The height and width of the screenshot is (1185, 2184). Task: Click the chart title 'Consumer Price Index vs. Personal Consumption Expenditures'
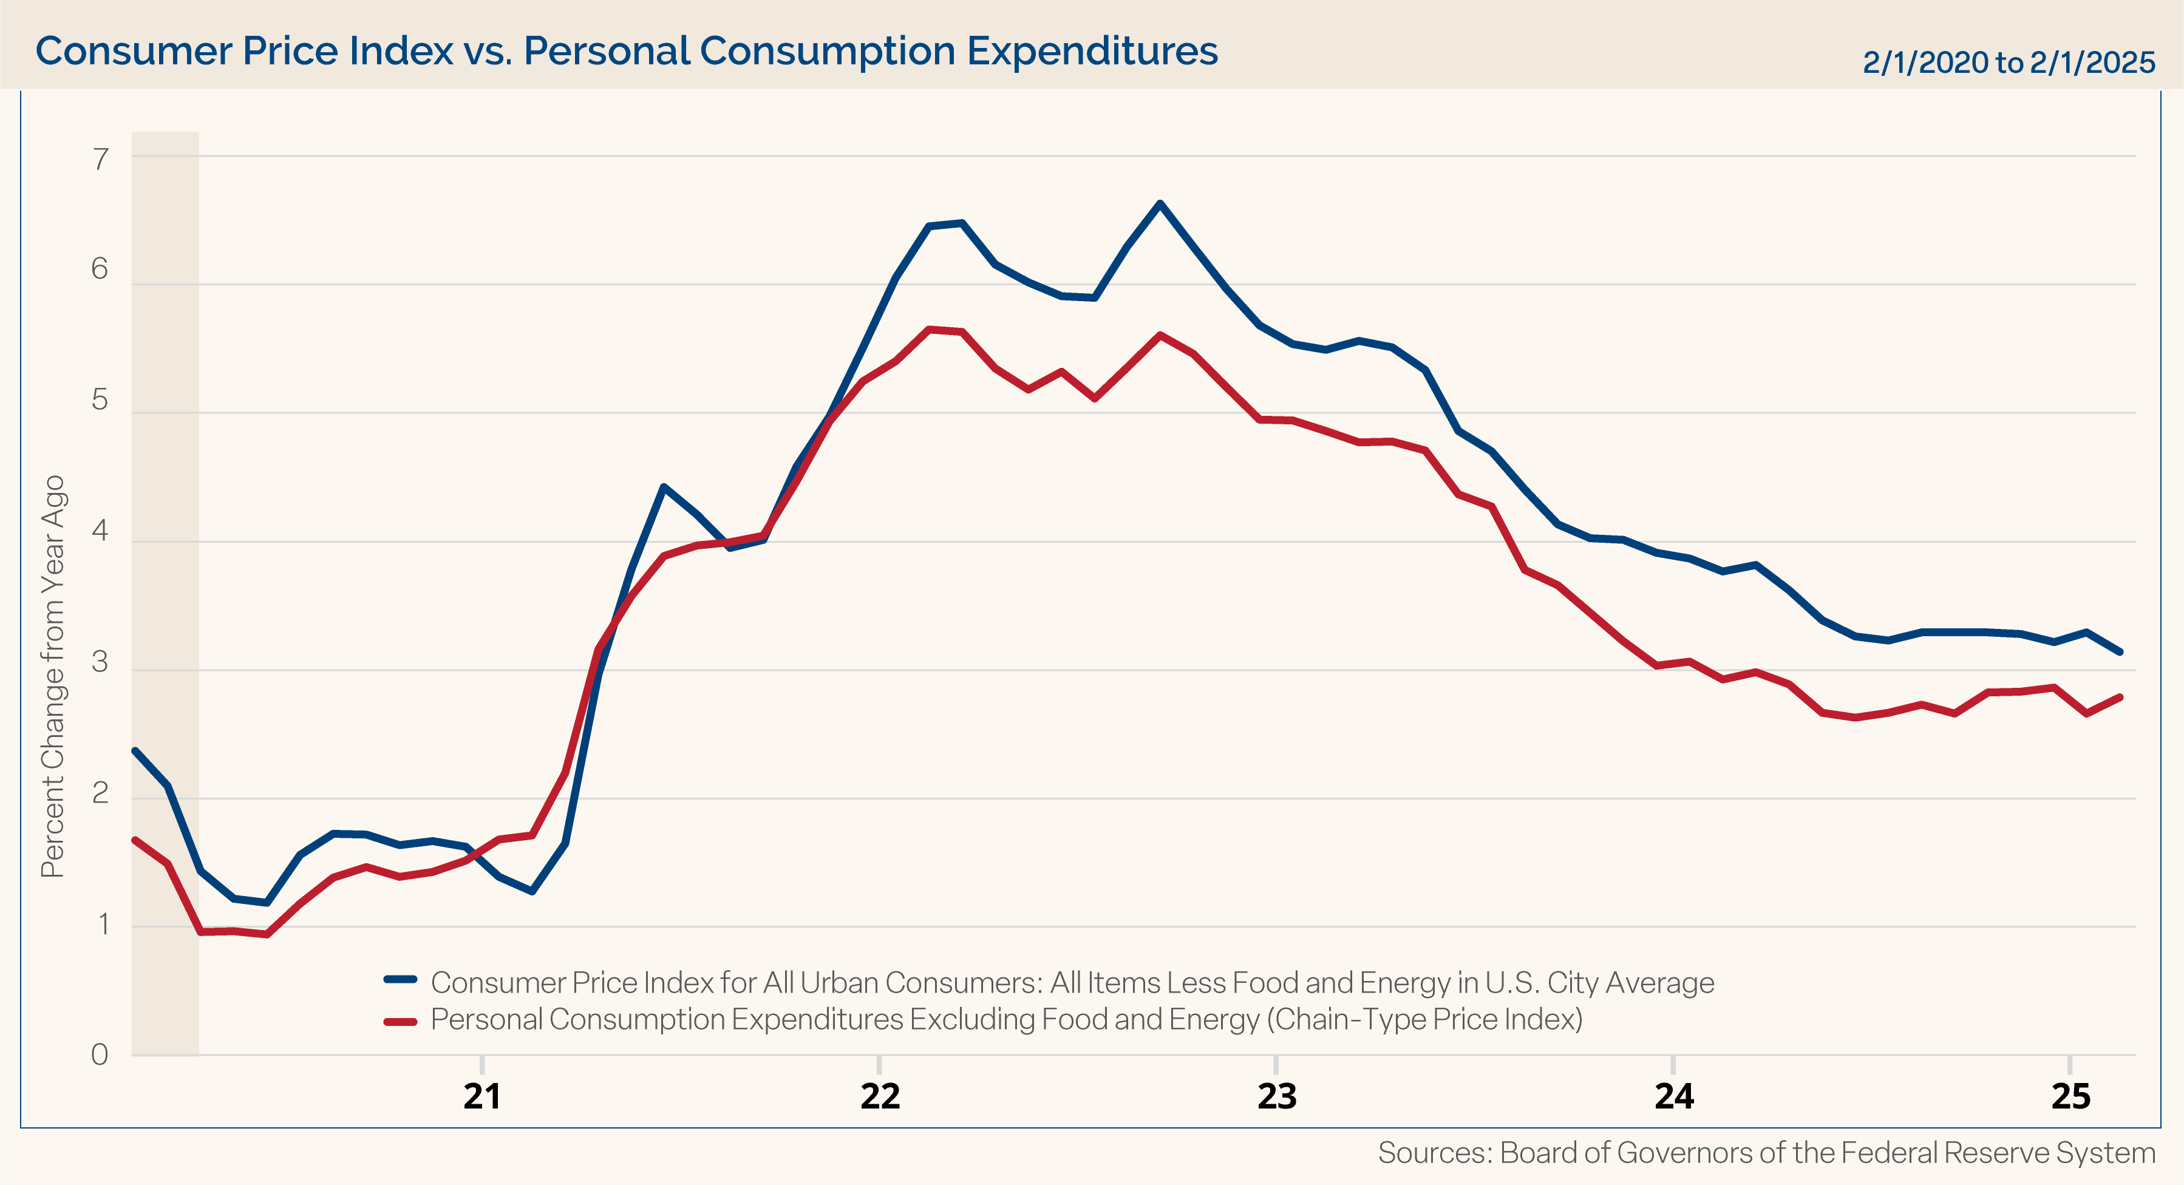626,51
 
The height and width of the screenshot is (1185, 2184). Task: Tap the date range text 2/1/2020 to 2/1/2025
2008,63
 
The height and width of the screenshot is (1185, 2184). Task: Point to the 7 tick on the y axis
101,158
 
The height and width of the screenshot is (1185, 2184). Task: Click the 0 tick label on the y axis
100,1054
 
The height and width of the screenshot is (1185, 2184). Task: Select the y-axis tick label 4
100,531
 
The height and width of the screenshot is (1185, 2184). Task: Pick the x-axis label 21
481,1096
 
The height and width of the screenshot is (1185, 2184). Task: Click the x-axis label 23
1276,1096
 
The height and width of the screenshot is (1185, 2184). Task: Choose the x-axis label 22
879,1096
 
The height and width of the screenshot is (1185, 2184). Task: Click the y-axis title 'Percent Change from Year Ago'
53,676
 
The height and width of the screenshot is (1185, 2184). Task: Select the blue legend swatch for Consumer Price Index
400,980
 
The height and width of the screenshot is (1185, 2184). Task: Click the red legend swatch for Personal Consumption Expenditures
400,1022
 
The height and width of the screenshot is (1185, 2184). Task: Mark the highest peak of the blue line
1160,203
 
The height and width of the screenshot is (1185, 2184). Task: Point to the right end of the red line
2120,698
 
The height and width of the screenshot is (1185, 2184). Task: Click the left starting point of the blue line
135,751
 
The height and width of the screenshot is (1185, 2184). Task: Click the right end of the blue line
2120,652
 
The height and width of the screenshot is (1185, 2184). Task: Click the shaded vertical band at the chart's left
165,593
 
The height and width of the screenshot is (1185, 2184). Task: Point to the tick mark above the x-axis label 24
1673,1064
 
